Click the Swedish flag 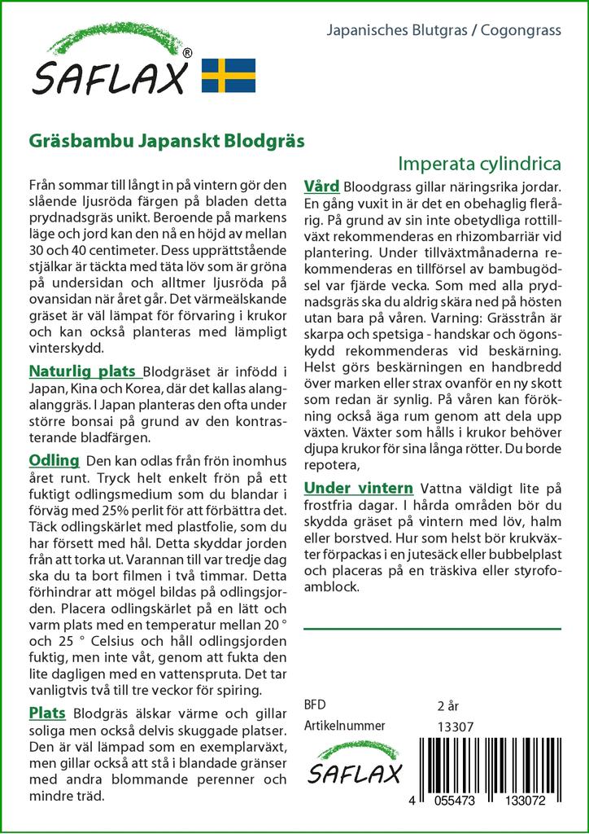point(229,75)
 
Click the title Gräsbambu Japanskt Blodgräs point(167,139)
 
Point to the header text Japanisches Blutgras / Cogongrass point(443,31)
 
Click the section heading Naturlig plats point(81,371)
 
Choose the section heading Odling point(54,459)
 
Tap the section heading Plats point(47,713)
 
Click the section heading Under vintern point(358,488)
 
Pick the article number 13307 point(455,726)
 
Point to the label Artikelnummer point(344,726)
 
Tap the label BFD point(315,705)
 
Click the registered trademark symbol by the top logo point(188,54)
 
